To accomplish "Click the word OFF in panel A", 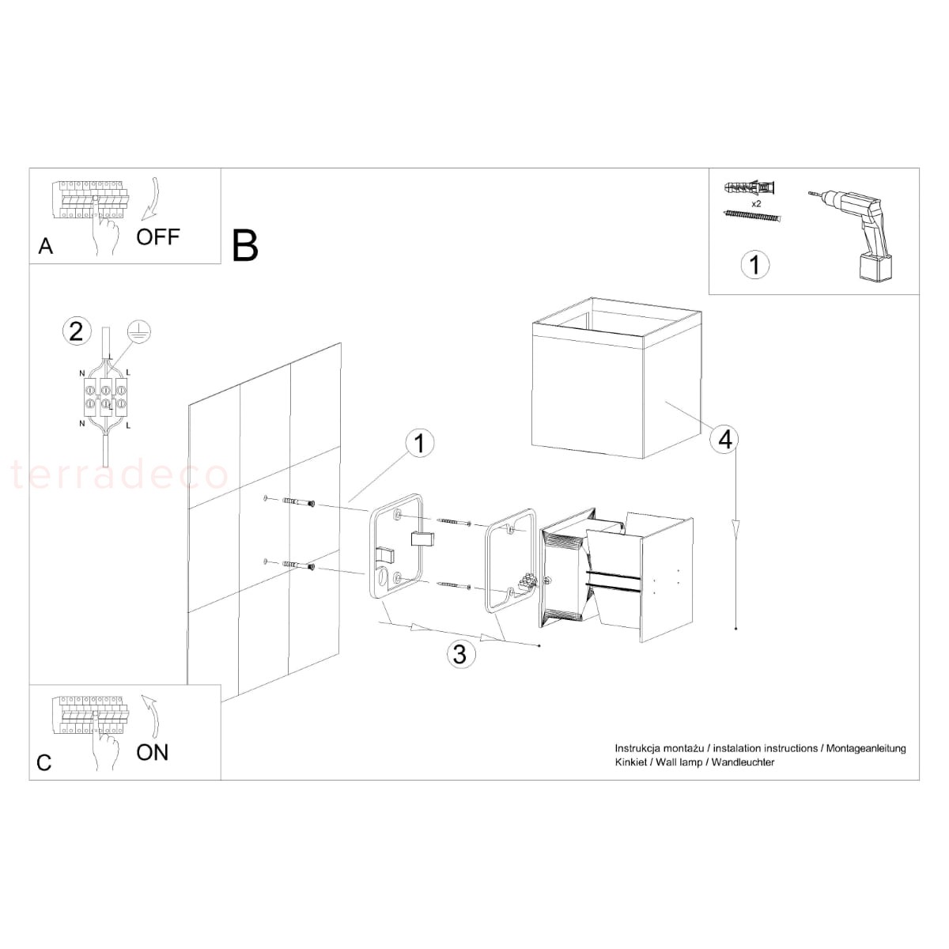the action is click(158, 237).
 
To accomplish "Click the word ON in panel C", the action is click(152, 753).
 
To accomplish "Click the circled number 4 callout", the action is click(725, 439).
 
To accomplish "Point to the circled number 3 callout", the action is click(460, 655).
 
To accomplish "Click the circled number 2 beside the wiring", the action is click(77, 331).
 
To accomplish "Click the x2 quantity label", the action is click(757, 203).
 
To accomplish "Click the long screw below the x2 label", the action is click(753, 216).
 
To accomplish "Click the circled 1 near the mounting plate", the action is click(419, 443).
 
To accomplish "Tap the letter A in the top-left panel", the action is click(45, 246).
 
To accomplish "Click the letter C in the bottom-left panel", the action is click(43, 763).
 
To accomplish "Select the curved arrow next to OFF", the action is click(152, 198).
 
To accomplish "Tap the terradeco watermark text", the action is click(119, 475).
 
